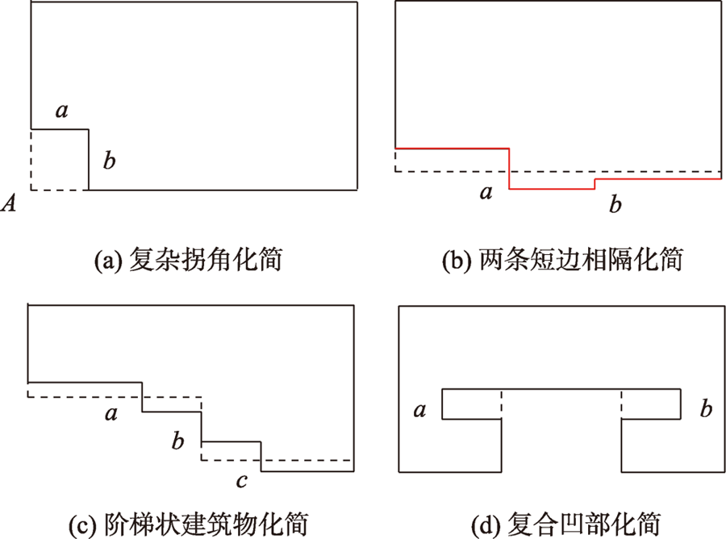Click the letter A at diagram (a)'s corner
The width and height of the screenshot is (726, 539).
click(x=8, y=203)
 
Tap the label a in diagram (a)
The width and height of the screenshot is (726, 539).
click(x=61, y=111)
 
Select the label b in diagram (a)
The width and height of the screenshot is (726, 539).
click(x=109, y=161)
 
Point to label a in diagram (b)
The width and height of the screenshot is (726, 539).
click(x=486, y=192)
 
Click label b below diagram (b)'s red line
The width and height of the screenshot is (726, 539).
click(x=615, y=204)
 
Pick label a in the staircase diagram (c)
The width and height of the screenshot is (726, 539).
click(x=111, y=413)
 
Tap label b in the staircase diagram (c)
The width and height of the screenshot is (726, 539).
click(x=177, y=441)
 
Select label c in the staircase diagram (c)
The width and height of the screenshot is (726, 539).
click(x=242, y=481)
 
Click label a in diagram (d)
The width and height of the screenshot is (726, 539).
click(x=419, y=410)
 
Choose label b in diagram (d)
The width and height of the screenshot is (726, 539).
click(x=706, y=408)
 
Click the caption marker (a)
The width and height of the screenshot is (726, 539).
click(x=108, y=261)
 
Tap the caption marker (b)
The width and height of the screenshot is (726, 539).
click(x=457, y=261)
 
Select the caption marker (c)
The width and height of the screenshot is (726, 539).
click(x=82, y=524)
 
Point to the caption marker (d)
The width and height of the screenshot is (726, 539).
click(x=486, y=524)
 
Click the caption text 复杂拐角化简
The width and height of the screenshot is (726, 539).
click(x=206, y=260)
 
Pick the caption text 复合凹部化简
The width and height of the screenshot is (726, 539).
click(x=584, y=524)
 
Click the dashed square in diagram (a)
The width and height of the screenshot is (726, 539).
click(x=31, y=160)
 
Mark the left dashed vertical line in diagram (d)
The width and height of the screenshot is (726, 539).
click(x=502, y=404)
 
